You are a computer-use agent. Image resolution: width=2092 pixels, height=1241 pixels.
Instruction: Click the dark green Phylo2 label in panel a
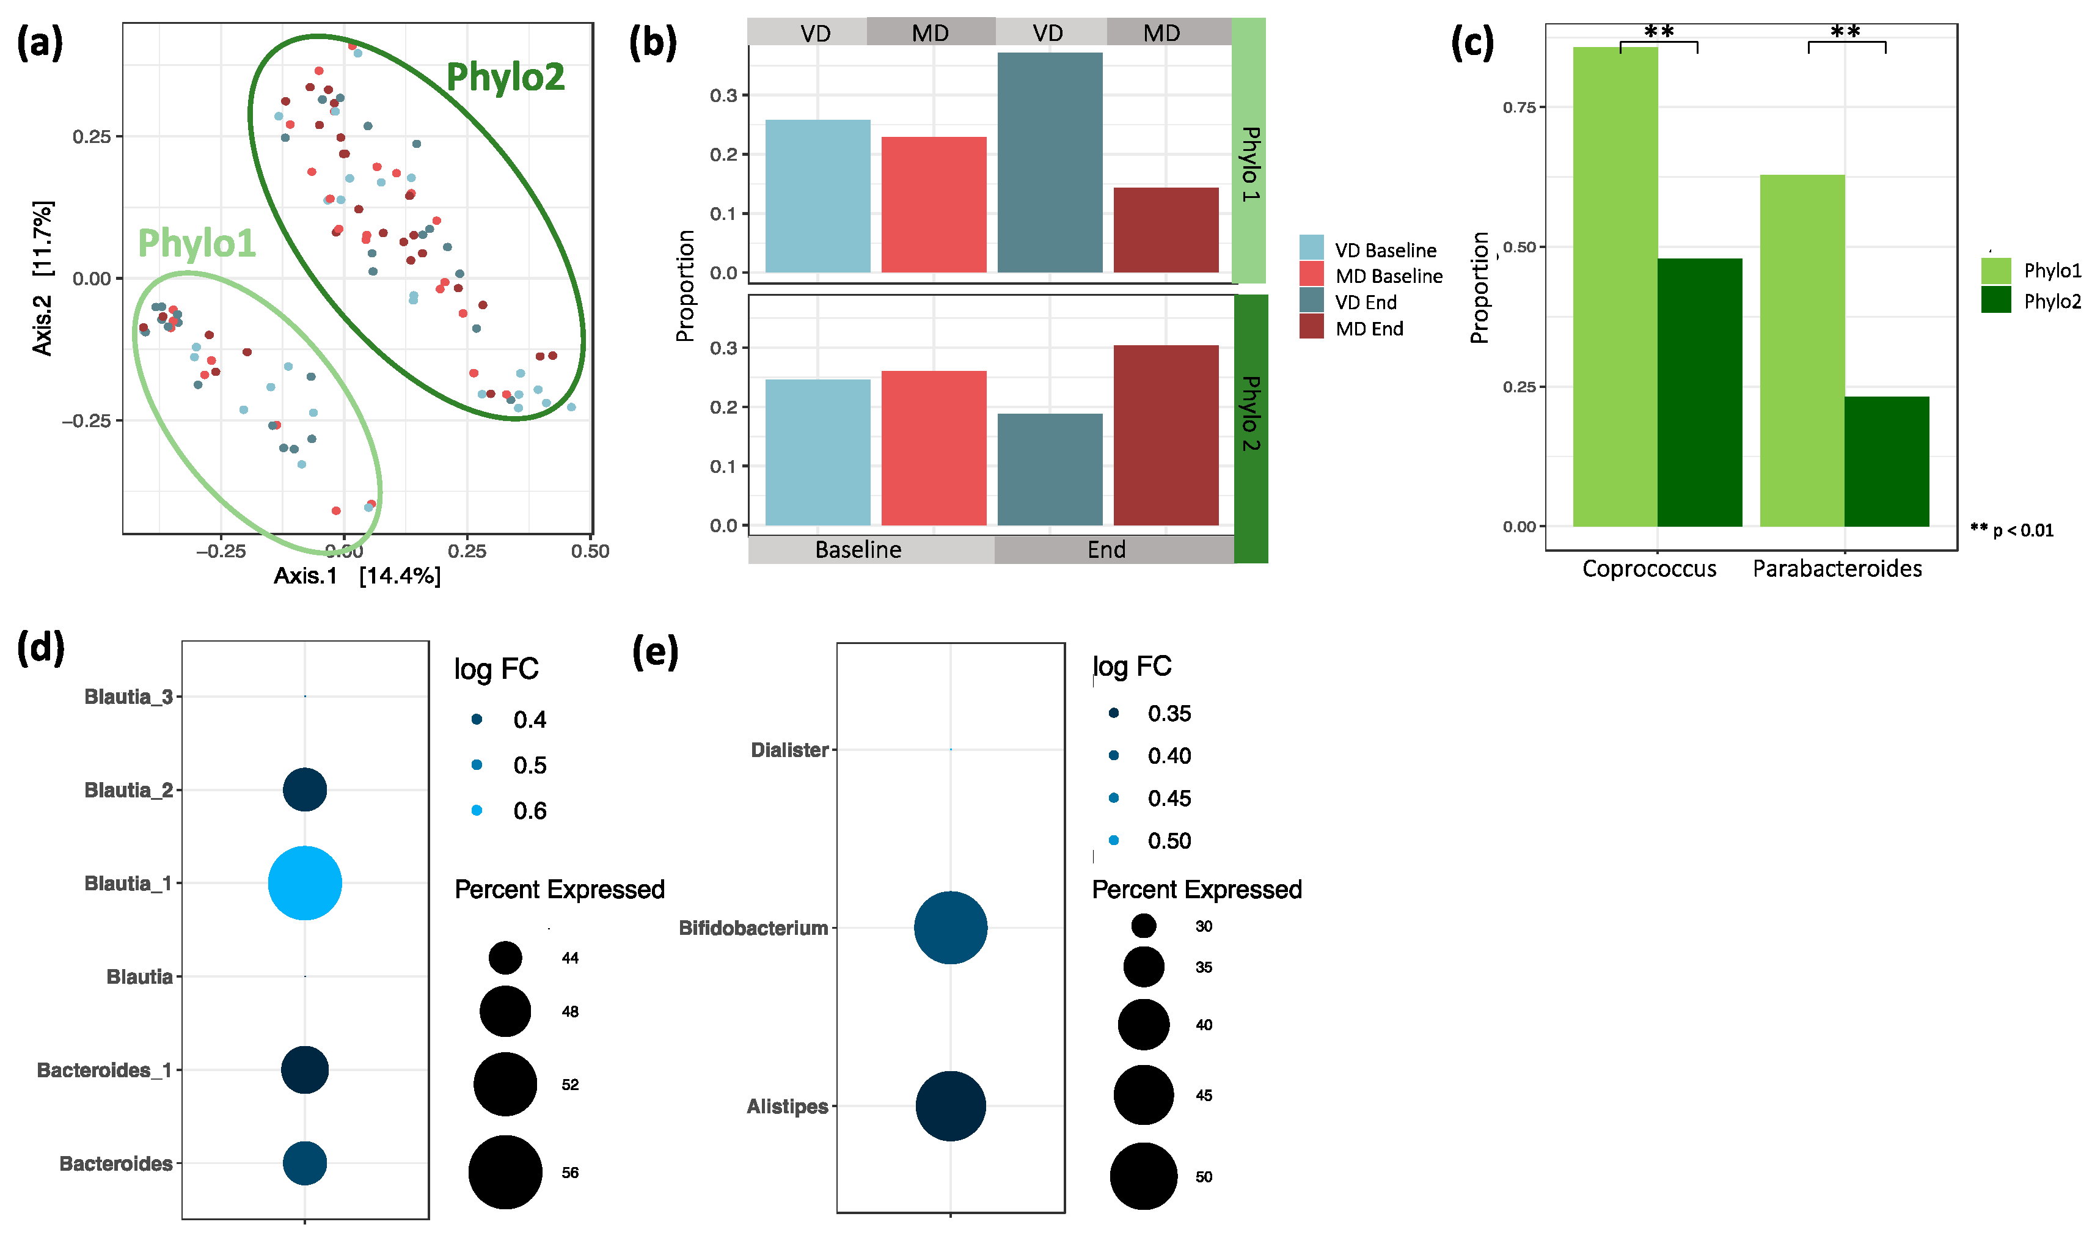coord(505,77)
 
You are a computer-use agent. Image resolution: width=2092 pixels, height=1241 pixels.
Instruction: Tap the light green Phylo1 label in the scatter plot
coord(197,243)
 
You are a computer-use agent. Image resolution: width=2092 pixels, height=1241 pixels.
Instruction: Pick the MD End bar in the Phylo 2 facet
coord(1166,435)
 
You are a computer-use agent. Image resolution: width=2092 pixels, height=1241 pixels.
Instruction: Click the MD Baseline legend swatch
coord(1311,275)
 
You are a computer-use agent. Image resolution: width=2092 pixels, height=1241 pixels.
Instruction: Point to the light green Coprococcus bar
coord(1615,287)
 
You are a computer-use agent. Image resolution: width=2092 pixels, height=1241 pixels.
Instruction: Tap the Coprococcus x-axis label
coord(1649,569)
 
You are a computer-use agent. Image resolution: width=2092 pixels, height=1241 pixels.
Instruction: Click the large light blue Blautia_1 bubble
coord(305,883)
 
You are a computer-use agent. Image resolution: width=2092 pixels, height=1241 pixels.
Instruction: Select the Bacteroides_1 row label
coord(104,1071)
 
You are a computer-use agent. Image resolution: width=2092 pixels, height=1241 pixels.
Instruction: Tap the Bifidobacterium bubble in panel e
coord(951,928)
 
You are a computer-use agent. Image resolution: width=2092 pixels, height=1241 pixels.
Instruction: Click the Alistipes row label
coord(787,1107)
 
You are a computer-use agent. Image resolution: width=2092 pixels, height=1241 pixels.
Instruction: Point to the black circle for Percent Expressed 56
coord(505,1173)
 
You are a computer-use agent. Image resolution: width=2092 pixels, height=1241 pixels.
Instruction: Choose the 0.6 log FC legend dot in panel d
coord(477,810)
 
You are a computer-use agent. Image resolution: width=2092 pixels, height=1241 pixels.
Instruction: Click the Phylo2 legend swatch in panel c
coord(1996,300)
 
